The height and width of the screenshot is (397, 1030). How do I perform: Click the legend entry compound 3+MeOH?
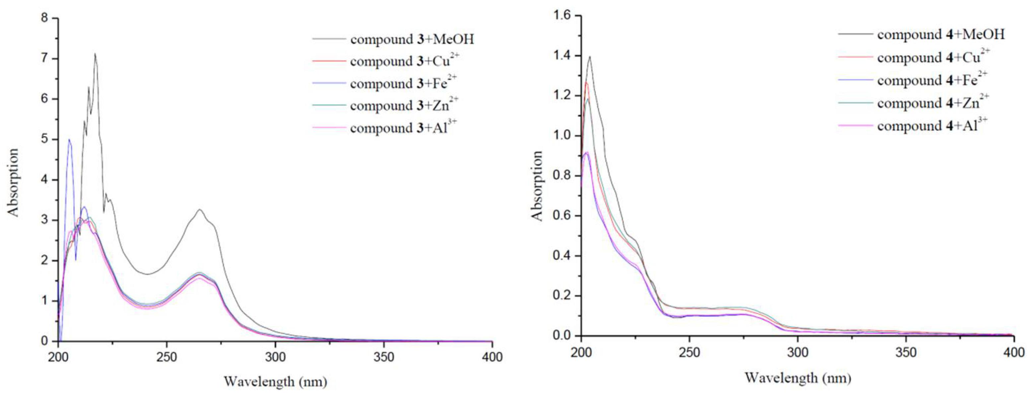click(x=412, y=39)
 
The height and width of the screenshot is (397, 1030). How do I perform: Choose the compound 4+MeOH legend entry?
click(x=940, y=35)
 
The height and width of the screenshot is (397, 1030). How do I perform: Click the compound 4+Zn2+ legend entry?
click(x=933, y=103)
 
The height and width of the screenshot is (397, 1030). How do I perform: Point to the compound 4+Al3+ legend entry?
click(x=932, y=125)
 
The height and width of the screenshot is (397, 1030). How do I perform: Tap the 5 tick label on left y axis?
click(x=44, y=139)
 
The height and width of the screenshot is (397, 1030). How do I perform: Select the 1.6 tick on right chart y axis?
click(x=562, y=16)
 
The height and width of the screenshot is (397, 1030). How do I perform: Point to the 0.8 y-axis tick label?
click(x=562, y=176)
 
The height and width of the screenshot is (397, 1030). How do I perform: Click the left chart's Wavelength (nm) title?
click(x=275, y=382)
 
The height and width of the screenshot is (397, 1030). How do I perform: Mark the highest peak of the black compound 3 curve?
click(x=95, y=54)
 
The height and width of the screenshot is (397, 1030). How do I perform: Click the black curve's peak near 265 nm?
click(x=199, y=209)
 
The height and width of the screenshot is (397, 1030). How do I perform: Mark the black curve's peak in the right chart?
click(x=590, y=57)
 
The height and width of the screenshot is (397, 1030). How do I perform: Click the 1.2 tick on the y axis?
click(x=562, y=96)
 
